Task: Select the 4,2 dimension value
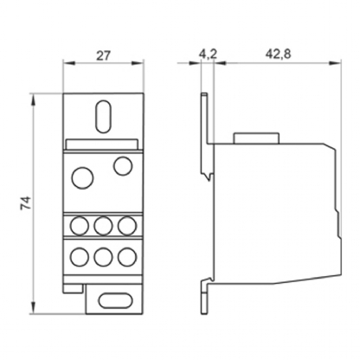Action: pos(206,54)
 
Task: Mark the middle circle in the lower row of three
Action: pos(103,257)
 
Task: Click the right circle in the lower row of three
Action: pos(126,257)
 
